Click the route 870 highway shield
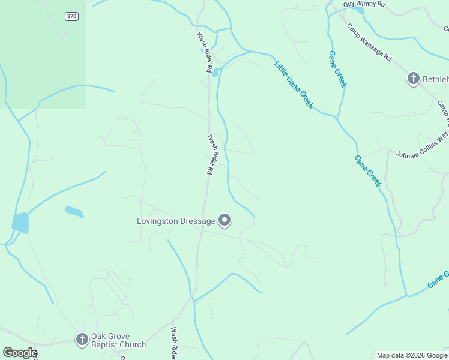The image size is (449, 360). (72, 16)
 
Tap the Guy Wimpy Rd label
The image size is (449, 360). (364, 4)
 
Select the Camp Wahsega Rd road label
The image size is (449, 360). (369, 42)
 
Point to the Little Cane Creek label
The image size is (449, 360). (294, 85)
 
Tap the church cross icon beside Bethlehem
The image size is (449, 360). (413, 79)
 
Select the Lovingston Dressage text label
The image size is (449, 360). (176, 221)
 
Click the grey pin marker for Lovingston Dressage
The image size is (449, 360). (225, 221)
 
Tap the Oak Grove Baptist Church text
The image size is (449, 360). (118, 340)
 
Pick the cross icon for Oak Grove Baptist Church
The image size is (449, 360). (82, 340)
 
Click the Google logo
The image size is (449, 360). (20, 353)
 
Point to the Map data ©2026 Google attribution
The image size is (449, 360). (412, 355)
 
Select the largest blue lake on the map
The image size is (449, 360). (20, 223)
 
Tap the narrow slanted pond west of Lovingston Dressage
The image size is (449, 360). (74, 211)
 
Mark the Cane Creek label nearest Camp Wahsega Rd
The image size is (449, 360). (337, 69)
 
